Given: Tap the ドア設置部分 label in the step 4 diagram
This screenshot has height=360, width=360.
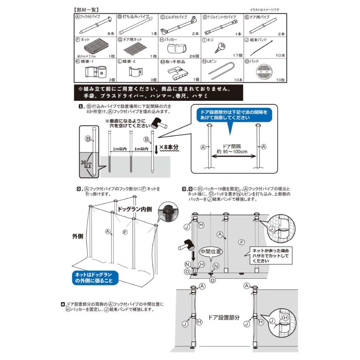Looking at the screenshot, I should click(x=224, y=317).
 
